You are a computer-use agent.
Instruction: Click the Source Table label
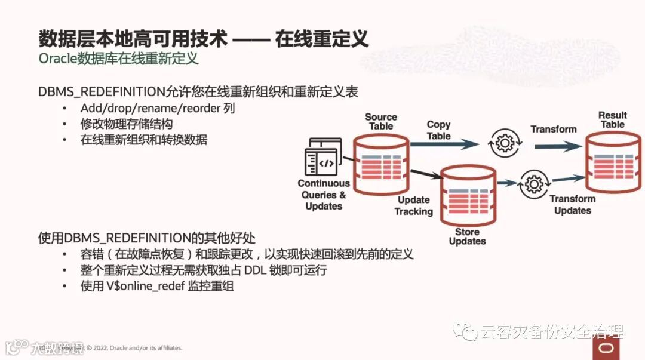[381, 122]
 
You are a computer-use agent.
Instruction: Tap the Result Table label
[612, 119]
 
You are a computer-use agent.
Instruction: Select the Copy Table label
[438, 130]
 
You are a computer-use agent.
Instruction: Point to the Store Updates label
[467, 236]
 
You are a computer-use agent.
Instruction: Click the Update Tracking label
[413, 205]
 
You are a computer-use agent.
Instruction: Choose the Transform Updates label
[572, 205]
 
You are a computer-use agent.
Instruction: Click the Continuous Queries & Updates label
[324, 195]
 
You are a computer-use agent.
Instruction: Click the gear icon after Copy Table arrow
[505, 143]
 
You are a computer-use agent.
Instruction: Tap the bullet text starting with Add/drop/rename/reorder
[158, 109]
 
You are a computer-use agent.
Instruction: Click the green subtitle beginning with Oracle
[118, 59]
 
